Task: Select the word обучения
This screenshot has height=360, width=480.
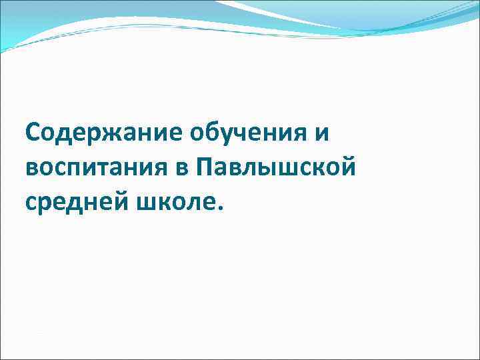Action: [247, 132]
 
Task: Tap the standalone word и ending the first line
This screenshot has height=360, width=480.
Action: [322, 132]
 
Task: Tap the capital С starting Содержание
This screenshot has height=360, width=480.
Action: [34, 132]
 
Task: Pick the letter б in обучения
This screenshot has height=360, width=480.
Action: [207, 132]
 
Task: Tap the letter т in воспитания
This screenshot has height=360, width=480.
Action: [102, 166]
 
